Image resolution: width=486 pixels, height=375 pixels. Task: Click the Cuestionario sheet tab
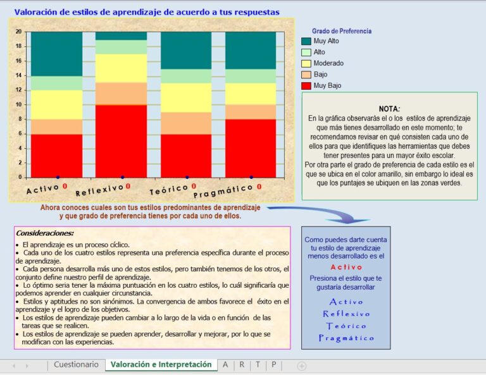76,365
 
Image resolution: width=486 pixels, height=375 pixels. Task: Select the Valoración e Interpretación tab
161,365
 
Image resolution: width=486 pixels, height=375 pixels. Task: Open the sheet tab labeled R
242,365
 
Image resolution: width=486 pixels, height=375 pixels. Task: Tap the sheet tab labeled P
273,365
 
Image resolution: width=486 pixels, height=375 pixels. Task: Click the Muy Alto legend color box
306,41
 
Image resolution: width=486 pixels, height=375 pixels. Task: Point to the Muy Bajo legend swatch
306,85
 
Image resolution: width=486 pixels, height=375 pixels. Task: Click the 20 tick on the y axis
18,32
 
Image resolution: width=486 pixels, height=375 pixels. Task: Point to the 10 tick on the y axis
18,104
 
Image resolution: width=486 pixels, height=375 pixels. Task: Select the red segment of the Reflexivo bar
121,140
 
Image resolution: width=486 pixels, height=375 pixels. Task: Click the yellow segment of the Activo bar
57,104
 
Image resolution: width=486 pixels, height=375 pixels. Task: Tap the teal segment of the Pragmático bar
251,50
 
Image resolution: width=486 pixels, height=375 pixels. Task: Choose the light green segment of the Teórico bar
186,76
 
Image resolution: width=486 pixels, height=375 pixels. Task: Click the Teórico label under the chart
168,190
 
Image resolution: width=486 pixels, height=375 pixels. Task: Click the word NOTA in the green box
389,109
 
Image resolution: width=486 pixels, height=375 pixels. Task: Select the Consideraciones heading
45,233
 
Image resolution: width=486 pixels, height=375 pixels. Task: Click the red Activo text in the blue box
346,267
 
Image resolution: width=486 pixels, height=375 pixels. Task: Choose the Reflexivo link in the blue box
346,314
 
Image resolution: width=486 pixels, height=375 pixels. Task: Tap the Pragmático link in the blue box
346,338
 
